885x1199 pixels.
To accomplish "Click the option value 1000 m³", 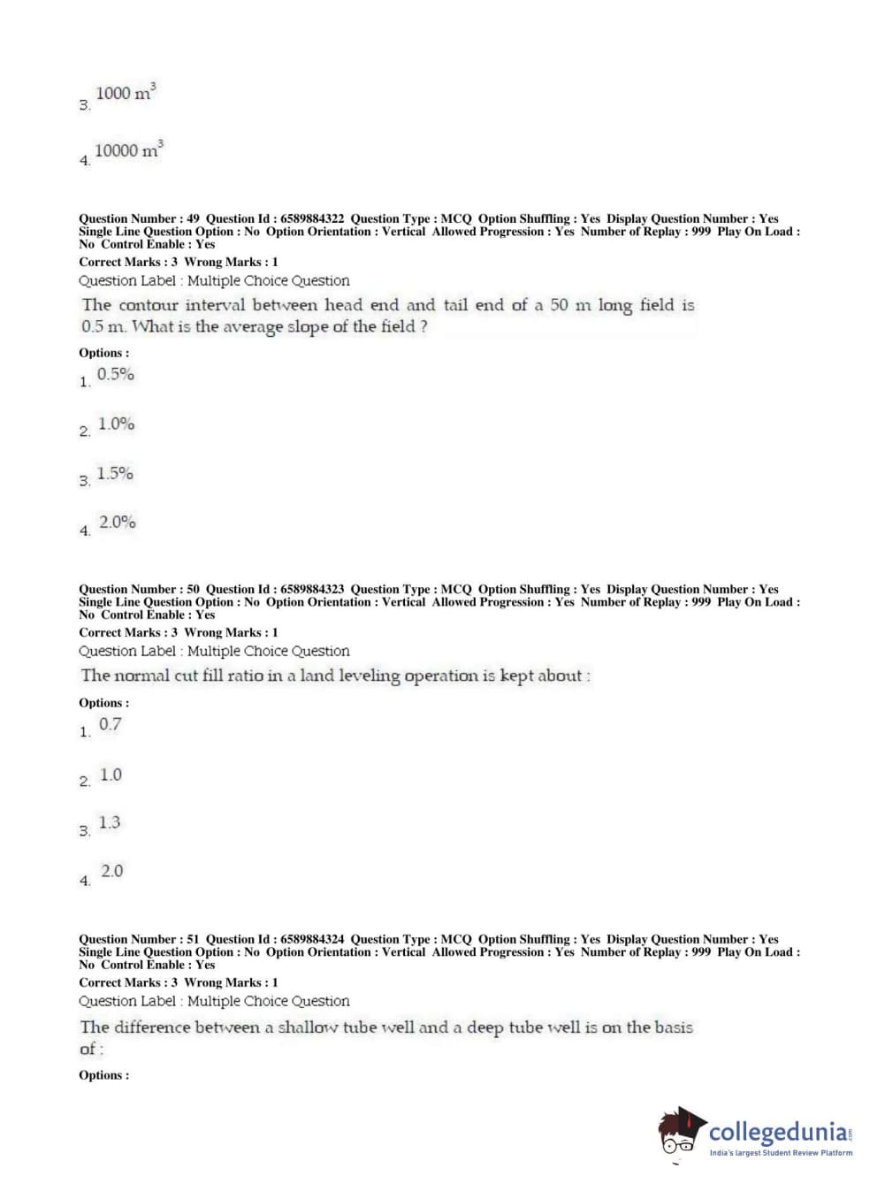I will click(125, 93).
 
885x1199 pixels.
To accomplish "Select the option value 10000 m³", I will click(128, 149).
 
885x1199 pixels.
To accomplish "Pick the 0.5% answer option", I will click(116, 375).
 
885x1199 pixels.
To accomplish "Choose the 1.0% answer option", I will click(116, 424).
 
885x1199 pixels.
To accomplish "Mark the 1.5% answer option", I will click(115, 474).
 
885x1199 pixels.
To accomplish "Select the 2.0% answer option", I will click(117, 523).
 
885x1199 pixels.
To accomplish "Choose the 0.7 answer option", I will click(111, 724).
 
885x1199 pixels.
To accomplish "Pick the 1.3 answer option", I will click(110, 823).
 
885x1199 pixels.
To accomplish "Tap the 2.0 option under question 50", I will click(112, 872).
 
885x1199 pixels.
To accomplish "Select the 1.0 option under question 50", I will click(111, 775).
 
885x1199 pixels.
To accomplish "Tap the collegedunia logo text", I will click(777, 1132).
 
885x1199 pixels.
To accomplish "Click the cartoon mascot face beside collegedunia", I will click(680, 1132).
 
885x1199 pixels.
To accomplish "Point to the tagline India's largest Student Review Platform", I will click(781, 1153).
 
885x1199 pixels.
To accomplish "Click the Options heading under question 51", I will click(103, 1075).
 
